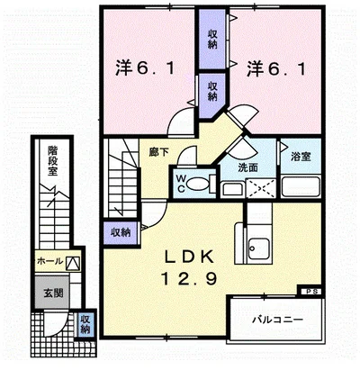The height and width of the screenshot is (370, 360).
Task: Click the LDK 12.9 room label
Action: (189, 267)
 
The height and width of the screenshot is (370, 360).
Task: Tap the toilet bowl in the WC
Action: (196, 184)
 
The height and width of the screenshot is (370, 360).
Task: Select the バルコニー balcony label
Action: (277, 320)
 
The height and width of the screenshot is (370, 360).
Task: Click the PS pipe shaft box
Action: (310, 291)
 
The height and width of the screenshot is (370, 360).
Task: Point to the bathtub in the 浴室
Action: (301, 186)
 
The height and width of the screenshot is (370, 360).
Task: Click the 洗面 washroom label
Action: (247, 167)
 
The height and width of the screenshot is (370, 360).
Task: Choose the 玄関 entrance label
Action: (54, 293)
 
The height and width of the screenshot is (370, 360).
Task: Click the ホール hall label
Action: (49, 261)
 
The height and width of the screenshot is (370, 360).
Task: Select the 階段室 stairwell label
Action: (52, 160)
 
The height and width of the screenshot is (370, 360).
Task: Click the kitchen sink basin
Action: (259, 248)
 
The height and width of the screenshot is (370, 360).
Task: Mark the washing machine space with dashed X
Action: (260, 188)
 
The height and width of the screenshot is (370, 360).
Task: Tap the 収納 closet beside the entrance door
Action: (85, 324)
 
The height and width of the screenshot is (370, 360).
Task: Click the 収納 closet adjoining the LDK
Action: (121, 232)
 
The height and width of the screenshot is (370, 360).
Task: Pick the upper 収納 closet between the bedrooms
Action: (212, 40)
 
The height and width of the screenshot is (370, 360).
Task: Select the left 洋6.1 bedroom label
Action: (145, 68)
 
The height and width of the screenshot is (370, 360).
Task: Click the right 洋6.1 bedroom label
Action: (276, 69)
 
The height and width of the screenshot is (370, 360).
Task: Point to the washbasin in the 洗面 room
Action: (232, 189)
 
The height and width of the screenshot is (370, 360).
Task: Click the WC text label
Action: (180, 183)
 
